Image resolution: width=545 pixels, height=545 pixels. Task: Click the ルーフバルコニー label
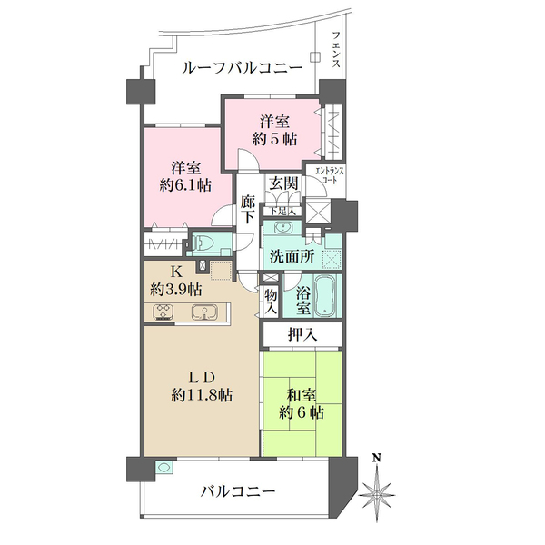(x=242, y=68)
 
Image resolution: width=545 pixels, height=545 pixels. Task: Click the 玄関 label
(x=282, y=183)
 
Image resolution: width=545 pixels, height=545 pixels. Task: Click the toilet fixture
(x=203, y=243)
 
